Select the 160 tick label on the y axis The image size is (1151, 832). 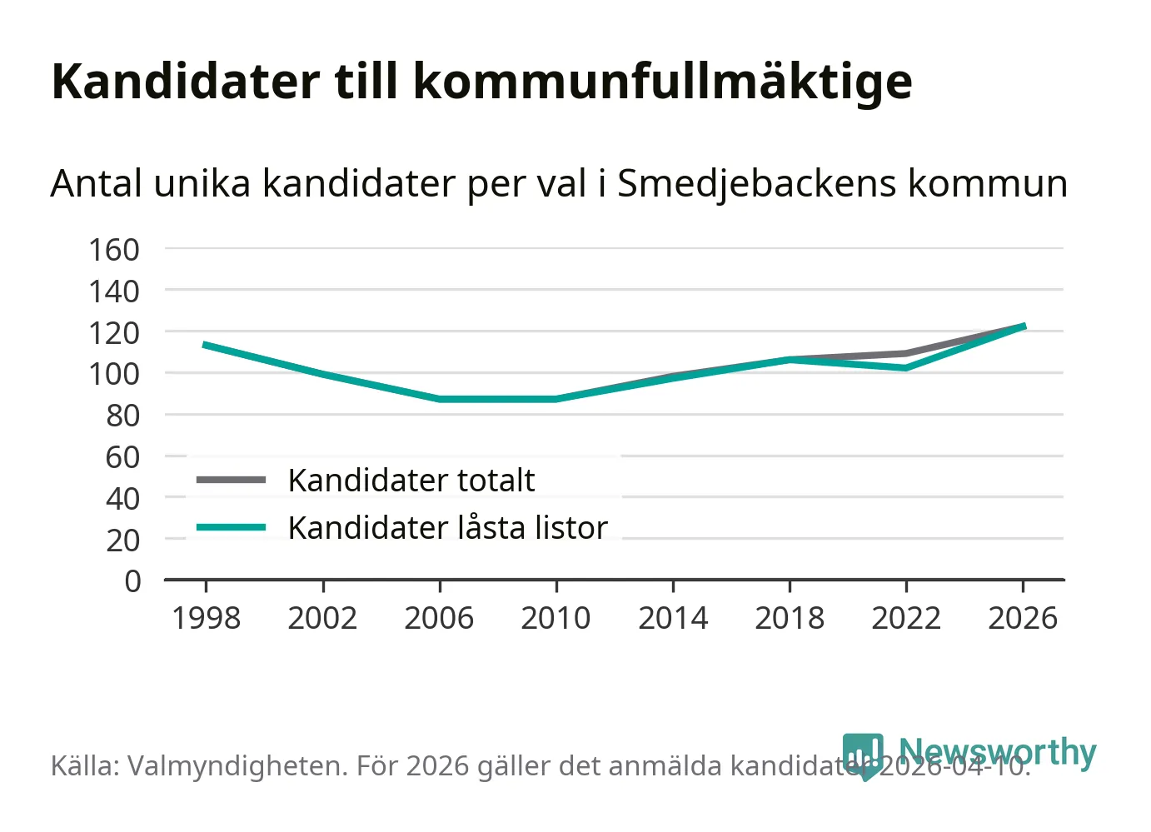(x=114, y=249)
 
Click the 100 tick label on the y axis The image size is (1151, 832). (x=114, y=374)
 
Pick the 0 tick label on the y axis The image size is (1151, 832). (x=132, y=581)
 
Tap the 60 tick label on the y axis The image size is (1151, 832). (x=122, y=456)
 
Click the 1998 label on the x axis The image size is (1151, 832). (x=206, y=619)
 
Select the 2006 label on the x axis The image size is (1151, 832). (x=439, y=619)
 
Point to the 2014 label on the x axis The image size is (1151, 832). (x=673, y=619)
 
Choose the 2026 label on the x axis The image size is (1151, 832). (x=1023, y=619)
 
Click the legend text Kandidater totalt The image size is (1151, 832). (x=411, y=481)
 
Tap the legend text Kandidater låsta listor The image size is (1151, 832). (x=447, y=528)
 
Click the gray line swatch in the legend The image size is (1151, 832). (x=231, y=481)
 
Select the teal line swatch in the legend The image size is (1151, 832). (x=231, y=528)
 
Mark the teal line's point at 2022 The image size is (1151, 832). (x=906, y=367)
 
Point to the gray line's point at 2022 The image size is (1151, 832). (x=906, y=353)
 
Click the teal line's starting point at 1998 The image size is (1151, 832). (x=206, y=345)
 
